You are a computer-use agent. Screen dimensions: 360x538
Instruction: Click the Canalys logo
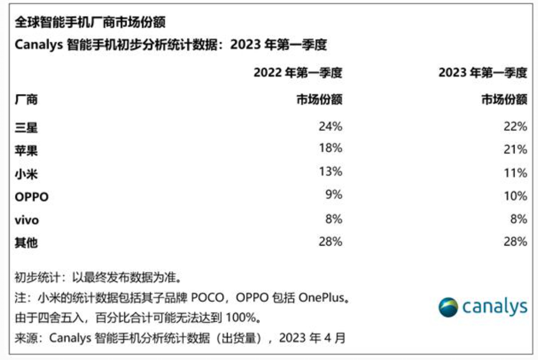482,307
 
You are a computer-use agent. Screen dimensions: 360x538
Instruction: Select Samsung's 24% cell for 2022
330,126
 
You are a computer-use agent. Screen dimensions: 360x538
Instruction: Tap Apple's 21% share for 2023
515,150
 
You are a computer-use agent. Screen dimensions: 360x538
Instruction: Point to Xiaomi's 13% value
330,172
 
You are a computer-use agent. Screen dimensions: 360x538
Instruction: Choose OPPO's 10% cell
515,196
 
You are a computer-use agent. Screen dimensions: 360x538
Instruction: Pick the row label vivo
27,220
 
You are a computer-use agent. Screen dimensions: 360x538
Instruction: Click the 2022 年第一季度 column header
298,73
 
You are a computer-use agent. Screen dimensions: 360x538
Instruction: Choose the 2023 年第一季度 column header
482,73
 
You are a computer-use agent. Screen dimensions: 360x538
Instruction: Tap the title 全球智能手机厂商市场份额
90,23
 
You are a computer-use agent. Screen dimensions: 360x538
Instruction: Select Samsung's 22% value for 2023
515,126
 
